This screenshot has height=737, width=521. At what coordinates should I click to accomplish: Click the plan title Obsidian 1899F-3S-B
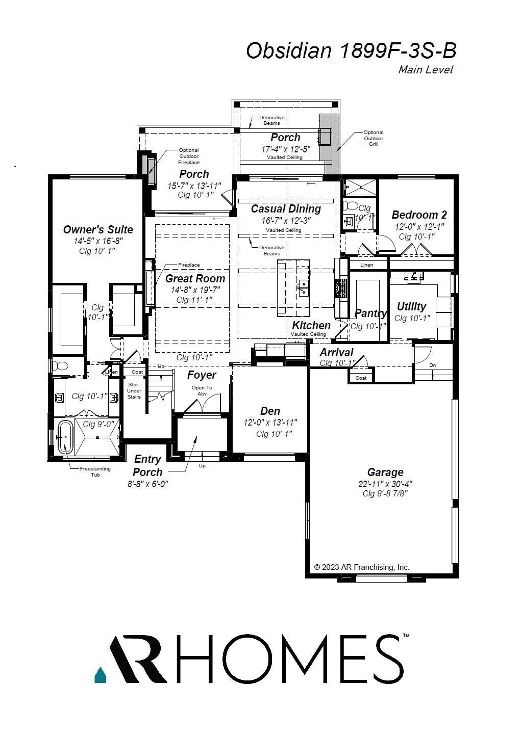(351, 51)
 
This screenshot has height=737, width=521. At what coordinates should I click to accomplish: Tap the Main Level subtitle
(425, 70)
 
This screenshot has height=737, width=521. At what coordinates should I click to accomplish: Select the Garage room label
(385, 472)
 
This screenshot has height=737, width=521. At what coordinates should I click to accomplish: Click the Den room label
(270, 411)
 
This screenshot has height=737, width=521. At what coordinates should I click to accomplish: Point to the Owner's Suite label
(98, 229)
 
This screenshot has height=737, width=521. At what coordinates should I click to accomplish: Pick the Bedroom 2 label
(419, 215)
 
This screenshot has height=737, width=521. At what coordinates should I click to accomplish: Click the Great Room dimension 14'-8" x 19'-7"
(195, 290)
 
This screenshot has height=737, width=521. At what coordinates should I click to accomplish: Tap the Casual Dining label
(286, 208)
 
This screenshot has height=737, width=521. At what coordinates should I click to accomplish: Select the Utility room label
(411, 306)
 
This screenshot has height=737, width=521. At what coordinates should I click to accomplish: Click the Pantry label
(370, 313)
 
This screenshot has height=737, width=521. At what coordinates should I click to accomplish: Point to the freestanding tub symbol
(64, 437)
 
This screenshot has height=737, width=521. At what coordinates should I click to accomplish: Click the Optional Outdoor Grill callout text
(374, 138)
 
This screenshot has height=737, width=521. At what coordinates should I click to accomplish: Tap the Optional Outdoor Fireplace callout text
(189, 156)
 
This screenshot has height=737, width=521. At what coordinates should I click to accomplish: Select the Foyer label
(202, 375)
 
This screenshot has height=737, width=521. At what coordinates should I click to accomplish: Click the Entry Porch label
(147, 465)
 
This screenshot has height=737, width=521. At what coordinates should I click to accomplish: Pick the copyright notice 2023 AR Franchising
(361, 567)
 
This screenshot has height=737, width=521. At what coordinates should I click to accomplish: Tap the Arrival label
(336, 352)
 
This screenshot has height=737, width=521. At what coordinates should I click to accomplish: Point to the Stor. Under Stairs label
(134, 390)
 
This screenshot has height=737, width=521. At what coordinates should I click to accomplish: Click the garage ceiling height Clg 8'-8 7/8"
(385, 493)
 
